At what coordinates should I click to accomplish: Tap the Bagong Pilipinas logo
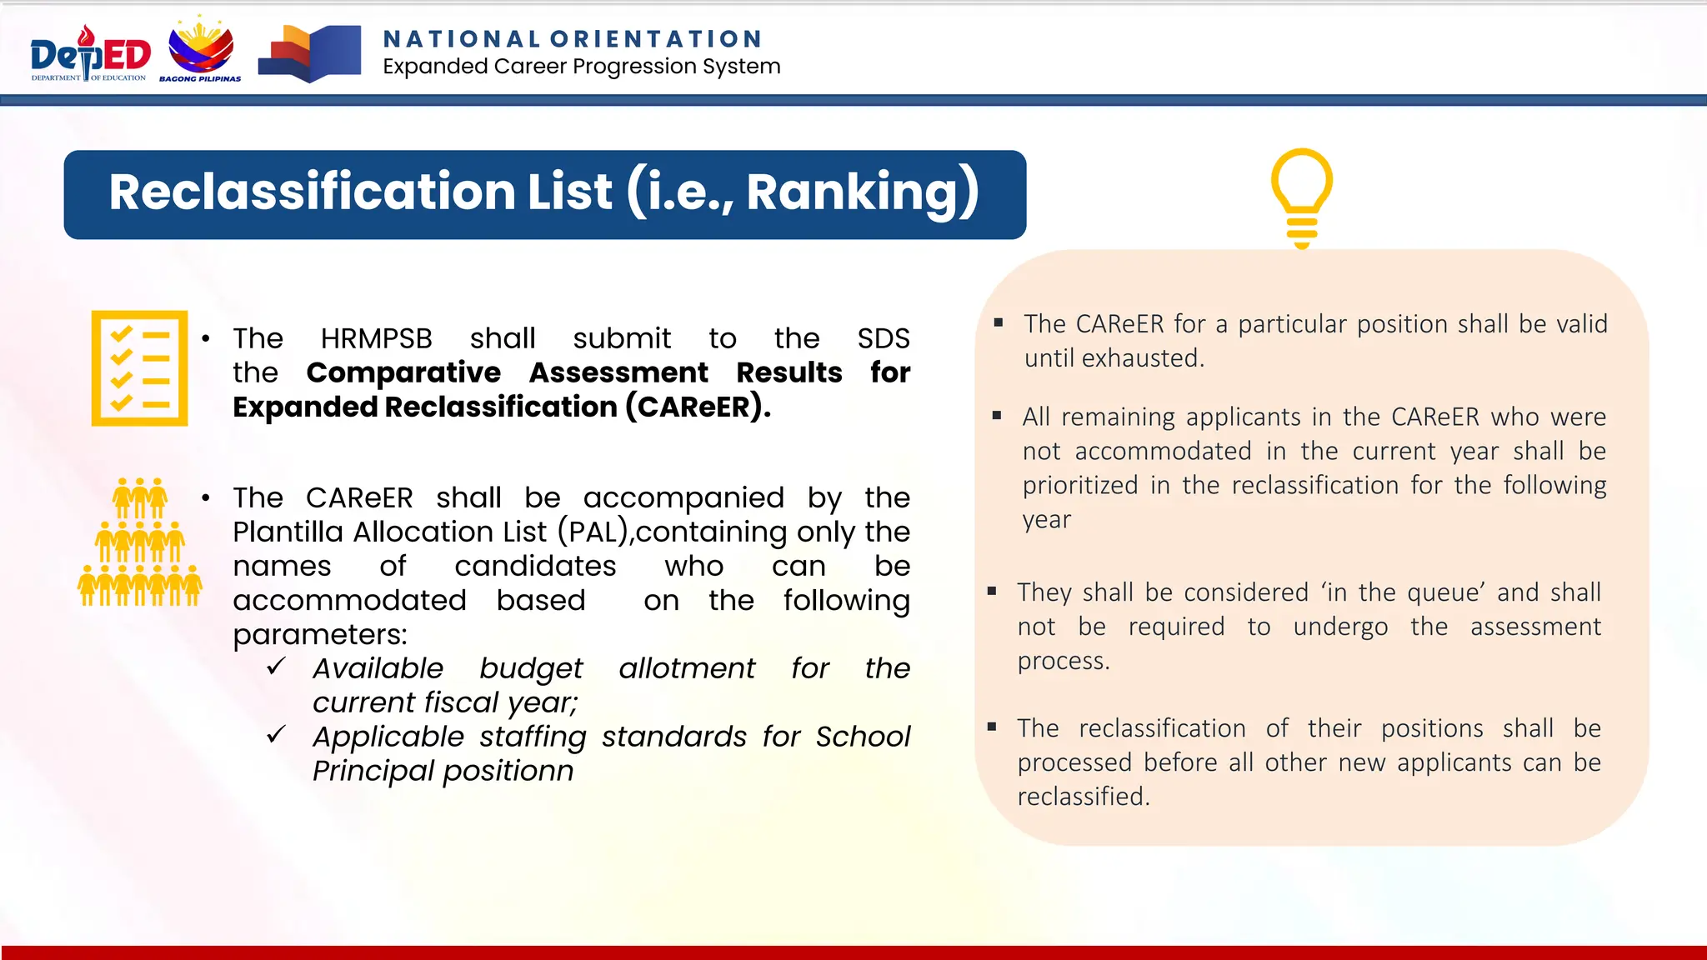click(x=202, y=49)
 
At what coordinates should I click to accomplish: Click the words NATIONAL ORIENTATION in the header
click(x=573, y=39)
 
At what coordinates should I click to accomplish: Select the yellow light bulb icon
click(x=1301, y=198)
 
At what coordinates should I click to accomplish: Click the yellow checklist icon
click(x=139, y=368)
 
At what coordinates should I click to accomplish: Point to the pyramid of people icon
click(x=140, y=542)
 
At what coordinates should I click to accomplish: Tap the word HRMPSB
click(x=376, y=338)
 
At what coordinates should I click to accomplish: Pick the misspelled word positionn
click(x=508, y=771)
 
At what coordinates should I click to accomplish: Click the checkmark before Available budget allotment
click(x=277, y=667)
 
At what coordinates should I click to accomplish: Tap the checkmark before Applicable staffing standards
click(x=277, y=735)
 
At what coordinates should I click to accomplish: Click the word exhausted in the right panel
click(x=1143, y=358)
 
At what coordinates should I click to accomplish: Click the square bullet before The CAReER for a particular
click(x=998, y=322)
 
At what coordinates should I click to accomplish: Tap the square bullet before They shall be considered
click(x=992, y=591)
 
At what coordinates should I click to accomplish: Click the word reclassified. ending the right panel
click(x=1084, y=797)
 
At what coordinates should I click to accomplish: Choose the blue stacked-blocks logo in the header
click(x=310, y=53)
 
